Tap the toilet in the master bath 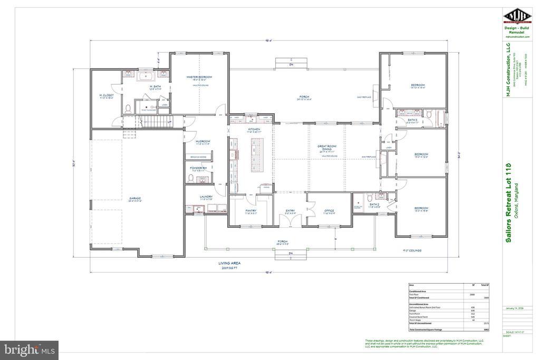click(x=128, y=109)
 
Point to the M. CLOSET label click(x=107, y=96)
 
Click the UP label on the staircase click(x=169, y=122)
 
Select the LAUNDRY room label click(x=206, y=198)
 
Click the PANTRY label click(x=250, y=211)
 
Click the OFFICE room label click(x=329, y=211)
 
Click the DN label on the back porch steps click(x=291, y=65)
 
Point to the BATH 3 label click(x=412, y=120)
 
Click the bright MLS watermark click(x=29, y=350)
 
